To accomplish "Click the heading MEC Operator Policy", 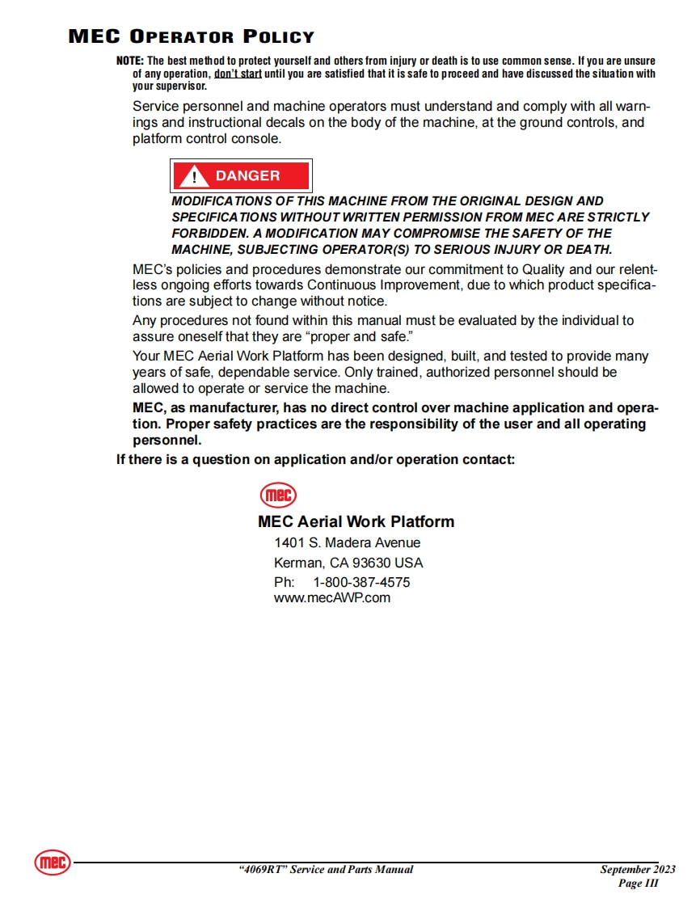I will tap(192, 37).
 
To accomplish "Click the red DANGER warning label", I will tap(241, 175).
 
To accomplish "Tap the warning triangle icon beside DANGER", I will tap(193, 176).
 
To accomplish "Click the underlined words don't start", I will tap(238, 74).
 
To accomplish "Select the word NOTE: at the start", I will tap(129, 61).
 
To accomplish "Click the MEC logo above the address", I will tap(278, 495).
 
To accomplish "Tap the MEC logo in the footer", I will tap(53, 863).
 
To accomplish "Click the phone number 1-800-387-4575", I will tap(361, 582).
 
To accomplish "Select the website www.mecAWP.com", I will tap(332, 598).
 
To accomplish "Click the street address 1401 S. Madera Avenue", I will tap(348, 542).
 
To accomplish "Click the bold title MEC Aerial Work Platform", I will tap(356, 522).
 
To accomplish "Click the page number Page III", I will tap(639, 884).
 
